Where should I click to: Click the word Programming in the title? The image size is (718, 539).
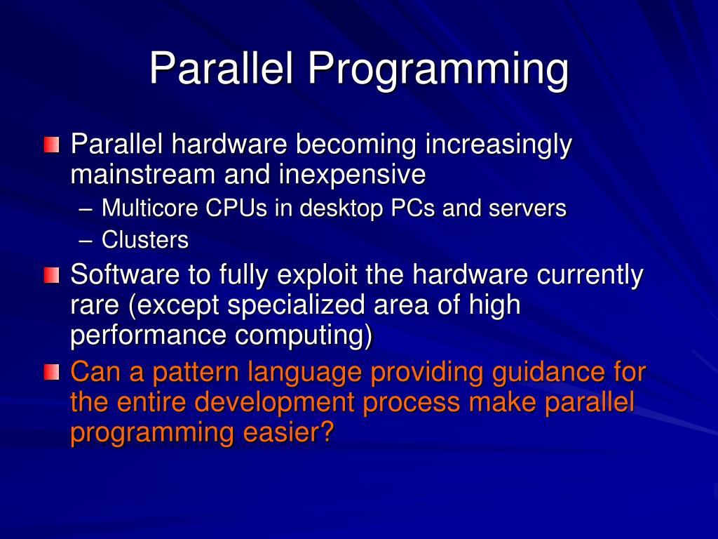(x=437, y=70)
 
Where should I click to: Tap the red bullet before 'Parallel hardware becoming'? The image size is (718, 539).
(x=51, y=145)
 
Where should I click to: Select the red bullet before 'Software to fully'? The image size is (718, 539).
(x=51, y=274)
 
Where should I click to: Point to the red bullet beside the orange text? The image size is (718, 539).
(x=51, y=371)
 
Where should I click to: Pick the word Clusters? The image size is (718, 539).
(x=145, y=240)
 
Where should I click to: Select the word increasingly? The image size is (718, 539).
(x=499, y=145)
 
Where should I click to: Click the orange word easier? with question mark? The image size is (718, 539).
(x=287, y=433)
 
